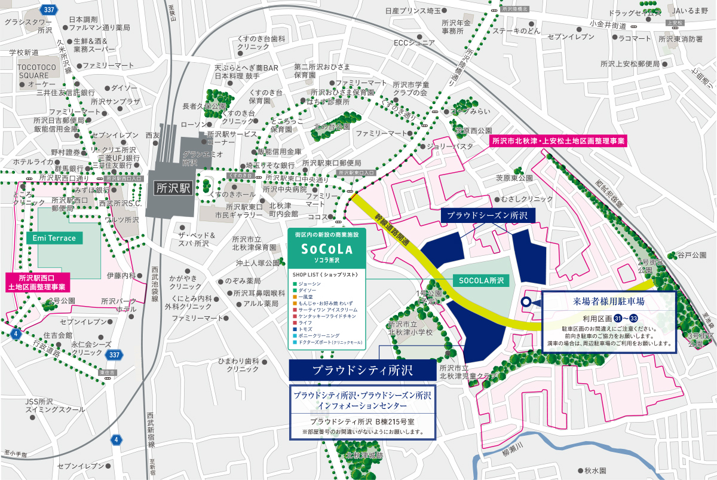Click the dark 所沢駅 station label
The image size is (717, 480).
(x=172, y=187)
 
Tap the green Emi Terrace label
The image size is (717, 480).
(x=54, y=238)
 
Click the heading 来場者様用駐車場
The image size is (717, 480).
(x=608, y=301)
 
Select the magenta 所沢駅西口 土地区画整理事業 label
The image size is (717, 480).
(x=38, y=283)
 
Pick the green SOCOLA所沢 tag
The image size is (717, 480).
(x=482, y=280)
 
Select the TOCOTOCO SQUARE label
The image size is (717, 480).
(x=33, y=71)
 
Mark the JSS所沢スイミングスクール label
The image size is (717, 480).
(x=47, y=405)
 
